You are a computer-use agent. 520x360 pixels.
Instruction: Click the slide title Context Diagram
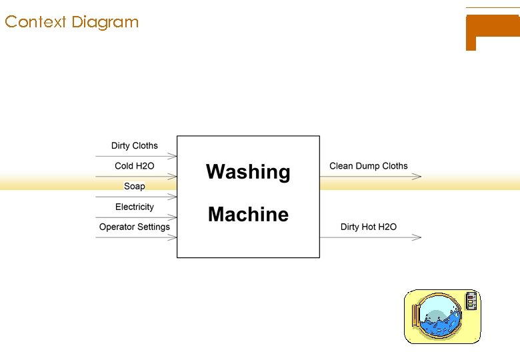coord(71,22)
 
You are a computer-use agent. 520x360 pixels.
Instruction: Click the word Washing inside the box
coord(248,172)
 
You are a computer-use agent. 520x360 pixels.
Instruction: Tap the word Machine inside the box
coord(248,215)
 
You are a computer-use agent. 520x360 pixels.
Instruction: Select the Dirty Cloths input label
coord(135,145)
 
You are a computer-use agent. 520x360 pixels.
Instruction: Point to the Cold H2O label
coord(134,166)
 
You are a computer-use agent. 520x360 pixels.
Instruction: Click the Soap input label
coord(135,186)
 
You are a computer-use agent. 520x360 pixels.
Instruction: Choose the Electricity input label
coord(134,207)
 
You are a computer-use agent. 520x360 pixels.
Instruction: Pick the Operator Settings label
coord(135,227)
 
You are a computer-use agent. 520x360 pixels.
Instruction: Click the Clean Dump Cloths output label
coord(369,166)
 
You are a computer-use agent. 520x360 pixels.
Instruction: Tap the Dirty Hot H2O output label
coord(369,227)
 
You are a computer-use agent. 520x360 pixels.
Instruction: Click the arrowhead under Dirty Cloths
coord(173,156)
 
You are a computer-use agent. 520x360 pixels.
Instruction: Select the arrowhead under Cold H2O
coord(173,177)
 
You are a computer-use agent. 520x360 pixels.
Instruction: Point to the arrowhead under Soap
coord(173,197)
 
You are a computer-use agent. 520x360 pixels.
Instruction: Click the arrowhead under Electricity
coord(173,217)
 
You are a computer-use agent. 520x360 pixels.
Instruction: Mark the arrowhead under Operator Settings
coord(173,237)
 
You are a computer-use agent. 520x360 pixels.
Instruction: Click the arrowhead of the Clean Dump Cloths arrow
coord(417,177)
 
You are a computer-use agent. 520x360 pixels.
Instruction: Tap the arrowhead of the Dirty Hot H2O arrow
coord(417,237)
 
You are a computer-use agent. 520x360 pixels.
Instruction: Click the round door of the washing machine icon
coord(437,316)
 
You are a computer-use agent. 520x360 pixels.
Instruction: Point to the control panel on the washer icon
coord(472,301)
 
